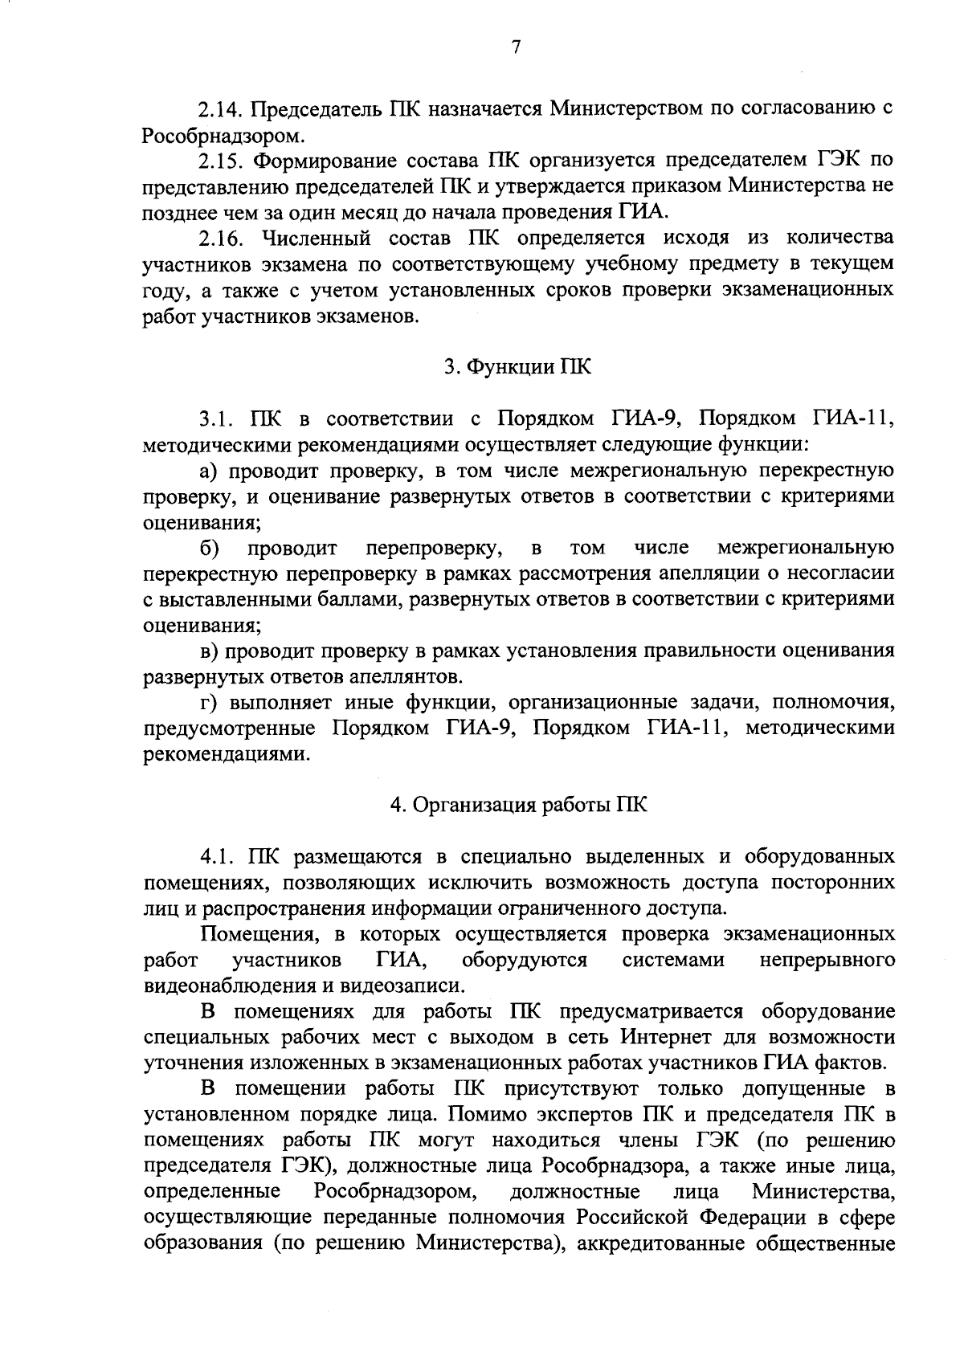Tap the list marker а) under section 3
[x=208, y=471]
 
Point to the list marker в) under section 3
[x=208, y=652]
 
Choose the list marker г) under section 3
[x=208, y=704]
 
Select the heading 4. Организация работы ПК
[x=518, y=806]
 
